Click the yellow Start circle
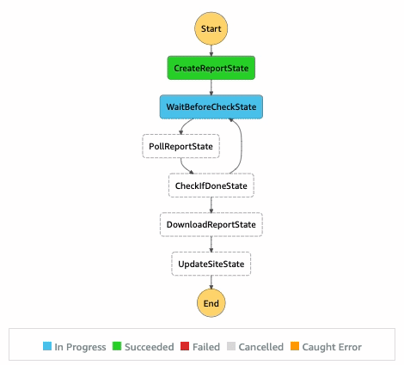pyautogui.click(x=211, y=28)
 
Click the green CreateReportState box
pyautogui.click(x=211, y=67)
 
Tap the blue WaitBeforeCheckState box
pyautogui.click(x=211, y=106)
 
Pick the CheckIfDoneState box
pyautogui.click(x=211, y=185)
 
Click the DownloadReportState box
pyautogui.click(x=211, y=224)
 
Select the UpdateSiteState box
pyautogui.click(x=211, y=263)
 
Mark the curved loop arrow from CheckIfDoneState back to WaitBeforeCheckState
pyautogui.click(x=243, y=146)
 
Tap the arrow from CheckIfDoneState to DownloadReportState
pyautogui.click(x=211, y=204)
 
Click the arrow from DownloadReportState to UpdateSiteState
pyautogui.click(x=211, y=244)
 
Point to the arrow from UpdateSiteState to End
pyautogui.click(x=211, y=281)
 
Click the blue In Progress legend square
pyautogui.click(x=49, y=347)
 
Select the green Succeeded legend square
pyautogui.click(x=118, y=347)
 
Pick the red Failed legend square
pyautogui.click(x=185, y=347)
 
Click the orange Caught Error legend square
pyautogui.click(x=296, y=347)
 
